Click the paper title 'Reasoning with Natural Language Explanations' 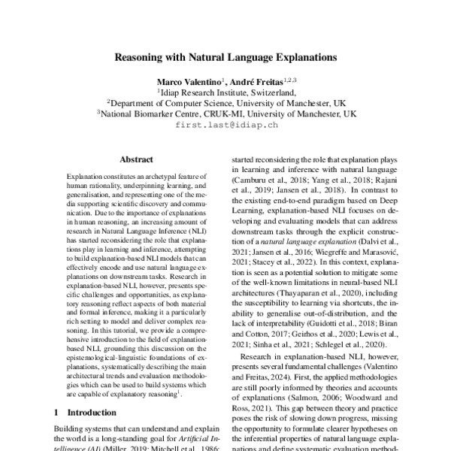225,56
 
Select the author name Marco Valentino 188,80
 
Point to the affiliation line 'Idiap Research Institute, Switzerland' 226,92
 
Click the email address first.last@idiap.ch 226,126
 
